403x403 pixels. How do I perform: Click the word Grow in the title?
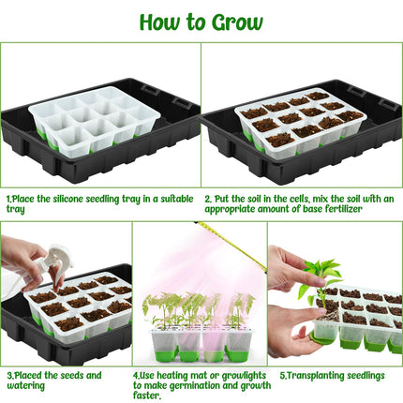tap(237, 22)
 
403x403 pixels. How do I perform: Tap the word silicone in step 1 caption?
tap(67, 199)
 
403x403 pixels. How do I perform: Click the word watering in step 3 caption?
tap(26, 385)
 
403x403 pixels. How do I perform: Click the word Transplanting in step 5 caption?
tap(316, 375)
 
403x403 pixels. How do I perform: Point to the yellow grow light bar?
tap(231, 246)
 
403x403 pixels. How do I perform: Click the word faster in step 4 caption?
tap(146, 396)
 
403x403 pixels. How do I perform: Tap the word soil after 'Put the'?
tap(255, 199)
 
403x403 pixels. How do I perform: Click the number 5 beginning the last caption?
tap(282, 375)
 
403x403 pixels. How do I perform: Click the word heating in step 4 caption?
tap(173, 375)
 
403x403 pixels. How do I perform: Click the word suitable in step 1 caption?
tap(177, 199)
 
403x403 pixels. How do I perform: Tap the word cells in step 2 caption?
tap(299, 199)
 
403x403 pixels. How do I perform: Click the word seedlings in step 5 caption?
tap(366, 375)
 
